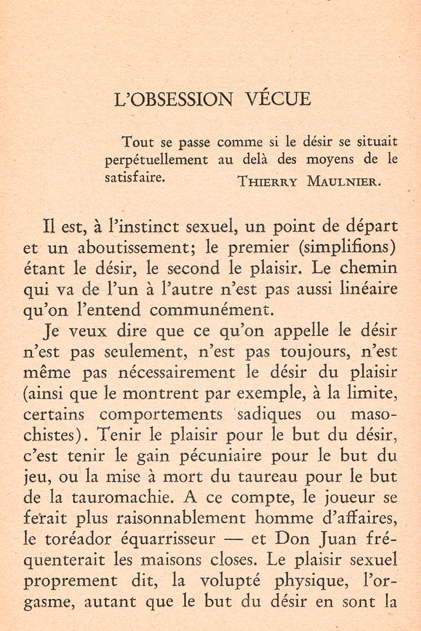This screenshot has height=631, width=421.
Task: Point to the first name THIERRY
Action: point(268,181)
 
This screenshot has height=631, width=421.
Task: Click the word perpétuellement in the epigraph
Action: point(157,160)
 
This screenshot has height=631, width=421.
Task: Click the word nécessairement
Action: point(176,372)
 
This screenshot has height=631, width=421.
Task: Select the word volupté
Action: point(230,582)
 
